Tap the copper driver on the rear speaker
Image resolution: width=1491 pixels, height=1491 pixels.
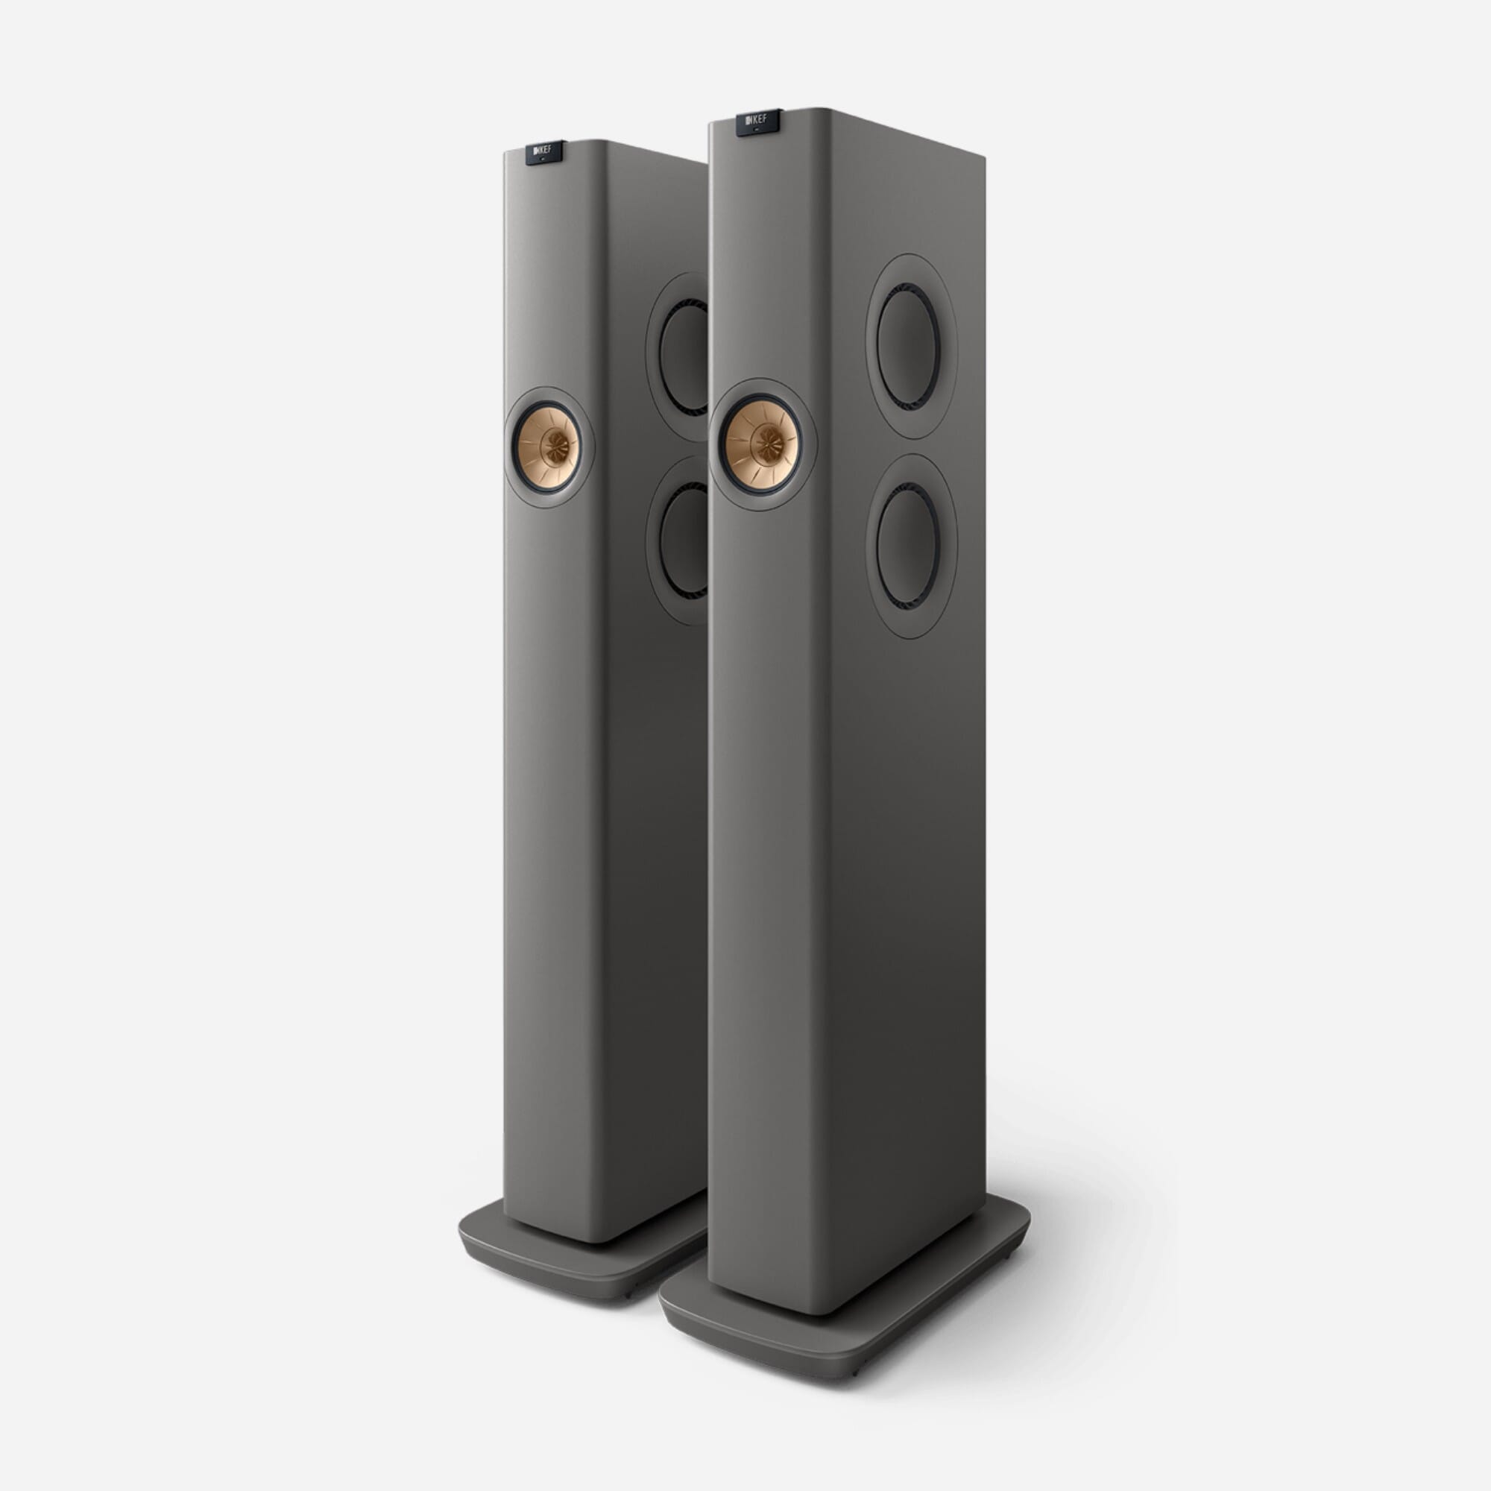[x=548, y=447]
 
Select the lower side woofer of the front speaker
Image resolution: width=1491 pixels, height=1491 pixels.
[x=909, y=546]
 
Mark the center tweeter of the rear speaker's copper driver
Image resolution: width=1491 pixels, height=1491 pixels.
[x=553, y=447]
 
